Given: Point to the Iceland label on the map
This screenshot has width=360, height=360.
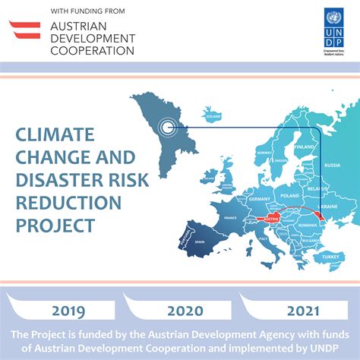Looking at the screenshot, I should (x=213, y=118).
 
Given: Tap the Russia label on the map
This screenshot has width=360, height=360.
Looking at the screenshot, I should (x=332, y=165).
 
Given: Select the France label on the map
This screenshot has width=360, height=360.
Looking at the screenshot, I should (x=231, y=217).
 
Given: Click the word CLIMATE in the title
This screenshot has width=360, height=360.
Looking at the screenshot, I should (x=55, y=135).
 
